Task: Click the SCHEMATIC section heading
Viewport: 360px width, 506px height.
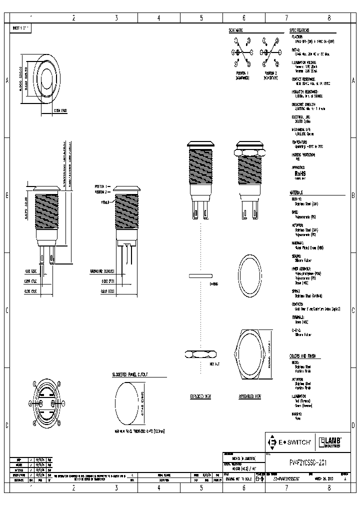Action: (x=236, y=30)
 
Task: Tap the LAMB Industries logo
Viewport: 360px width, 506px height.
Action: (x=330, y=442)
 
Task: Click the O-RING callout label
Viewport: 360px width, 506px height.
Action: (x=213, y=283)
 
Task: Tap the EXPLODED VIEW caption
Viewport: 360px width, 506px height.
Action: (x=200, y=396)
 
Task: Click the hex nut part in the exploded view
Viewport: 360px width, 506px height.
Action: (x=200, y=354)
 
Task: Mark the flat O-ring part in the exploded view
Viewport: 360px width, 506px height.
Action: (x=201, y=275)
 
